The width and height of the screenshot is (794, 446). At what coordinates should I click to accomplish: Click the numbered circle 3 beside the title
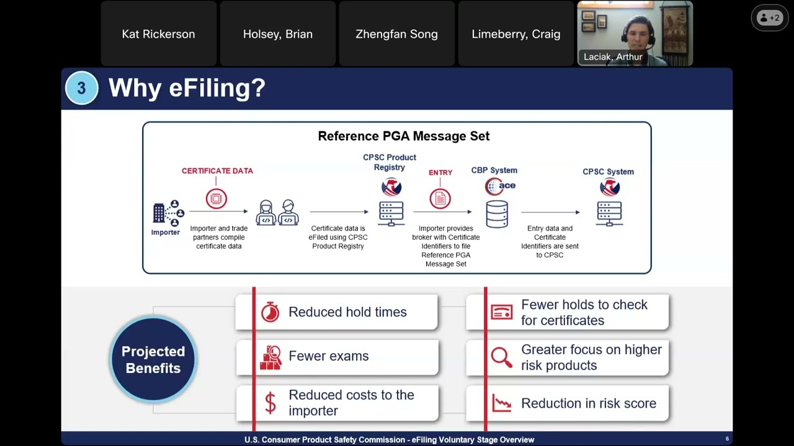click(x=81, y=89)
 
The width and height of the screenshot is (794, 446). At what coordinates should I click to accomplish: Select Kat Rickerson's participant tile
click(x=158, y=34)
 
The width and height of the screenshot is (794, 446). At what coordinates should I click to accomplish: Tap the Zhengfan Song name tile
click(x=396, y=34)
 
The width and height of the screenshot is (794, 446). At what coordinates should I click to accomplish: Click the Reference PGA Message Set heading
click(x=403, y=136)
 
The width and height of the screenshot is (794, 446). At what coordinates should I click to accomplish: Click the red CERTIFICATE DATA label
click(x=217, y=171)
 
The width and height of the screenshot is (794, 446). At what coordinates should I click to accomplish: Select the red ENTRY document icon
click(x=440, y=199)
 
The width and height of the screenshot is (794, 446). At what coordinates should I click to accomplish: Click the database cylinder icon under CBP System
click(x=497, y=214)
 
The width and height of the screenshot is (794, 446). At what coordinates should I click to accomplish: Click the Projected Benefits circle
click(x=153, y=360)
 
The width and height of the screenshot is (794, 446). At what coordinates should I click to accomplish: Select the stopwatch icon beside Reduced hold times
click(x=270, y=312)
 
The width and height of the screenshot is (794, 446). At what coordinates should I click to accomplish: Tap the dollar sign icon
click(x=270, y=403)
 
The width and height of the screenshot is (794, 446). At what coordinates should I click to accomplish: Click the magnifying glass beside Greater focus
click(x=501, y=357)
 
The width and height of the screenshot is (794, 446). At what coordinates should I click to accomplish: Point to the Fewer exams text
click(x=328, y=356)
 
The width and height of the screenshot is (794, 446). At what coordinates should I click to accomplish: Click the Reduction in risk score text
click(x=588, y=404)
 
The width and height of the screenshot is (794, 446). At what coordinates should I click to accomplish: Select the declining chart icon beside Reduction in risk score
click(x=501, y=403)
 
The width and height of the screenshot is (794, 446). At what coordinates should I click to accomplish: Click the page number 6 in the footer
click(x=727, y=439)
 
